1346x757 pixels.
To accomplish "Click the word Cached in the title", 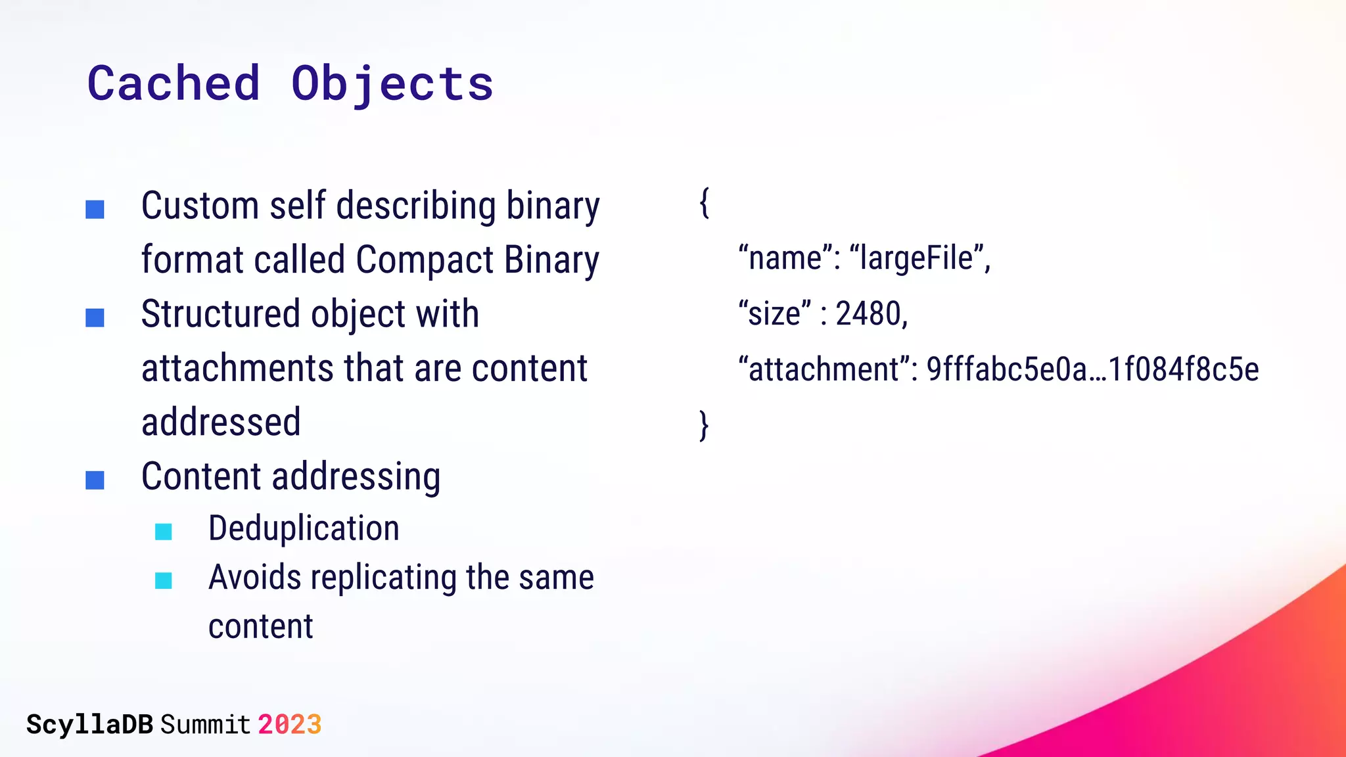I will pos(174,84).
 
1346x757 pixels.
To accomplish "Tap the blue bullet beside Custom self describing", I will pos(95,210).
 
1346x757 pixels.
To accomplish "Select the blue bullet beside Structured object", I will pos(95,318).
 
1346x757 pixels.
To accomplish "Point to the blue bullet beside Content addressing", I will pos(95,480).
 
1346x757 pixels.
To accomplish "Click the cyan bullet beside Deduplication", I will pos(164,532).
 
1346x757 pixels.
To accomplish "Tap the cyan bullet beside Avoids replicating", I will pos(164,581).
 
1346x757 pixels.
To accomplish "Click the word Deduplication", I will pos(304,528).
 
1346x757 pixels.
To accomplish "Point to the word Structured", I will pos(221,314).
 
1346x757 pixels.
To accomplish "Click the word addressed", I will pos(221,422).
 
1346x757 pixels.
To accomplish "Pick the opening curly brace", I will pos(704,204).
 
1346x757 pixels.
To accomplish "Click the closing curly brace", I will pos(704,426).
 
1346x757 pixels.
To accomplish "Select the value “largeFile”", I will pos(919,258).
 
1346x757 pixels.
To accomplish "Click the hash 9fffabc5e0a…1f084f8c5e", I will pos(1092,369).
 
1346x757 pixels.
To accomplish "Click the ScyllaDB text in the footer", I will pos(89,725).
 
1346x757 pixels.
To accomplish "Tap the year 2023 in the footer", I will pos(289,725).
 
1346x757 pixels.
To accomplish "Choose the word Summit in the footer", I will pos(205,725).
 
